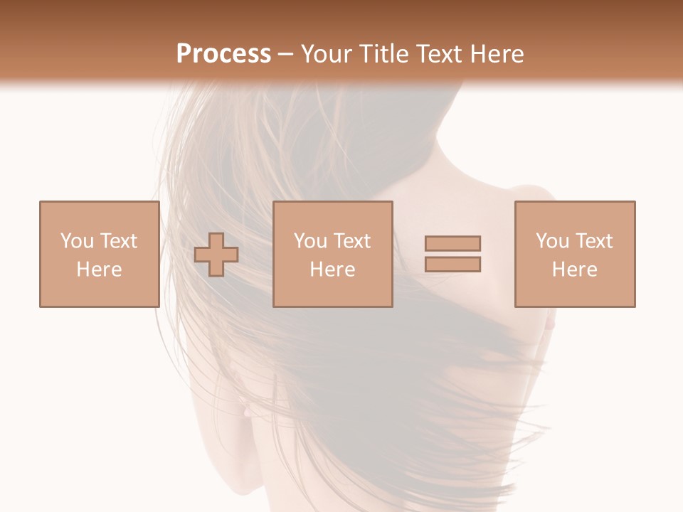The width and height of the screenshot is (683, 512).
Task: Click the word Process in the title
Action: (x=223, y=54)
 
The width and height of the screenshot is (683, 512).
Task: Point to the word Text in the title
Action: (x=443, y=54)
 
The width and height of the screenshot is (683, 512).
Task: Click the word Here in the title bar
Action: (x=499, y=54)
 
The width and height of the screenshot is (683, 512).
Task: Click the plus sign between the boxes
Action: (x=216, y=254)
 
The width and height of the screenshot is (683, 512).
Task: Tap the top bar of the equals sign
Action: (x=452, y=243)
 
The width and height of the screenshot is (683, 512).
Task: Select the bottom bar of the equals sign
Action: (x=452, y=265)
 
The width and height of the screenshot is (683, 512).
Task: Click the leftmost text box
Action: (x=100, y=254)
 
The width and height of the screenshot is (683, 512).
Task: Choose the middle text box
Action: (x=333, y=254)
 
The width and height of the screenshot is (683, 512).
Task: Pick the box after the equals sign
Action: (x=575, y=254)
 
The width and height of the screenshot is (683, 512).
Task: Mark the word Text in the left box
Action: (x=118, y=241)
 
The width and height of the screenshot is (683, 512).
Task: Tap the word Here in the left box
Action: (x=100, y=270)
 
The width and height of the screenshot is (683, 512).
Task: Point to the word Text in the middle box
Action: (x=351, y=241)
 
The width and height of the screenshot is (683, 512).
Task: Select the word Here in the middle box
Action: (x=333, y=270)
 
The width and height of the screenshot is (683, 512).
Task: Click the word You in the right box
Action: (x=553, y=241)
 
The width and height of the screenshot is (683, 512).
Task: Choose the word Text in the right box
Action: (x=593, y=241)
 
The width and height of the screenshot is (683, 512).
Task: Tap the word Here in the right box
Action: (x=575, y=270)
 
